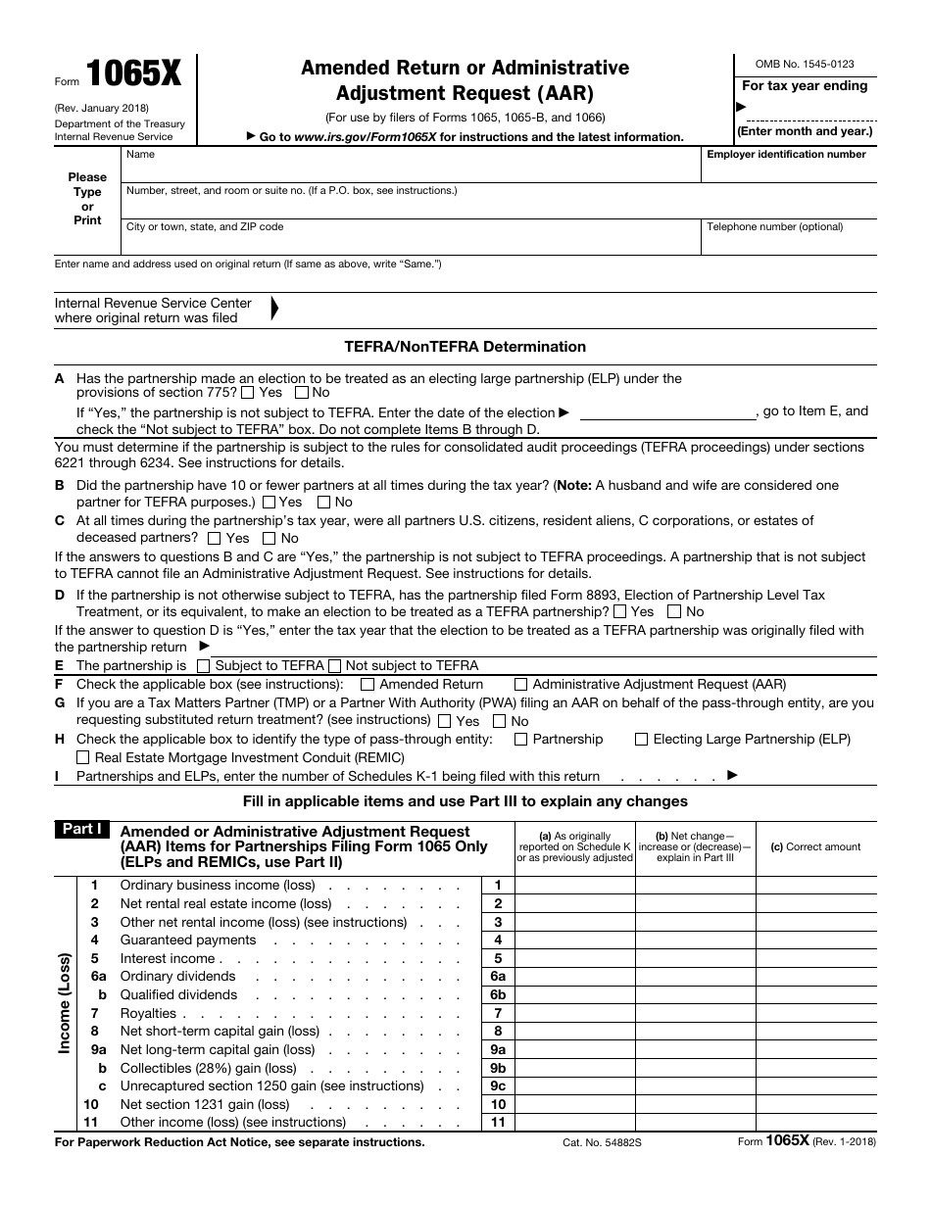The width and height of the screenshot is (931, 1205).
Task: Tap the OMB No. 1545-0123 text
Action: [x=805, y=64]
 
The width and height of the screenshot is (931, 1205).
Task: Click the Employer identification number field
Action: [x=788, y=171]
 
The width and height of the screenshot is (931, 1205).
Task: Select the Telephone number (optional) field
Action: [x=788, y=244]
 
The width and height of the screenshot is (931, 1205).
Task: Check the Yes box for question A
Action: [x=248, y=393]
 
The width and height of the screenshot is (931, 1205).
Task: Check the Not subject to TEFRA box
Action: [x=334, y=666]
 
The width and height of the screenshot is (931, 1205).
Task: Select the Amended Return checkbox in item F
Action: [x=367, y=685]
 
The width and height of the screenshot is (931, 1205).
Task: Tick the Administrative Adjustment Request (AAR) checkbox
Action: [x=520, y=685]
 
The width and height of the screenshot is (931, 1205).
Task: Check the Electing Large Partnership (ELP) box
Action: [x=641, y=740]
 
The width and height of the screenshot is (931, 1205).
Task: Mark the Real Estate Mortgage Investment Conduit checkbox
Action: [x=83, y=757]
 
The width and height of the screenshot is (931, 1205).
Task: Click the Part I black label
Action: [x=83, y=830]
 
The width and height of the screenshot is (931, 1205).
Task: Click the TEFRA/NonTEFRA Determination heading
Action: [x=465, y=347]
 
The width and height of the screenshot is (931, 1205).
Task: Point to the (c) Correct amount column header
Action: [x=815, y=846]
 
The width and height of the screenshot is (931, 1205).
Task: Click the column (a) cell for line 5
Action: [x=575, y=959]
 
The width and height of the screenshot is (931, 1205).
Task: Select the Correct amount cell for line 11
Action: [x=815, y=1123]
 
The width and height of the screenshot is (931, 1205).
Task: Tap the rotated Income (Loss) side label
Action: [x=65, y=1001]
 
